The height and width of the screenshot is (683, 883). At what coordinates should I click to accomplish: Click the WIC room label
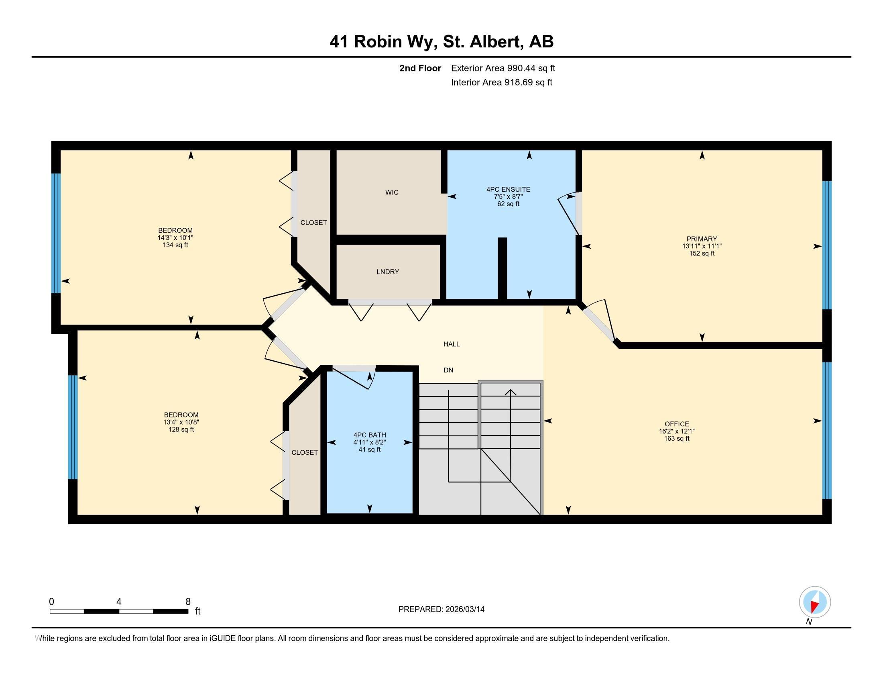[x=391, y=192]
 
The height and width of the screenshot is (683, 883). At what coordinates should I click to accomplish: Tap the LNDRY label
[x=388, y=272]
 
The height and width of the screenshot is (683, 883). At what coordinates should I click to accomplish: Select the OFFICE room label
[x=676, y=424]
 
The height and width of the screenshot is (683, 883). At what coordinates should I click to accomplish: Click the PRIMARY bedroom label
[x=702, y=239]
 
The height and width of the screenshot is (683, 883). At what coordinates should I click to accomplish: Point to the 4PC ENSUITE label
[x=508, y=189]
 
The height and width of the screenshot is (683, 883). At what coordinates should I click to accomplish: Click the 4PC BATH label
[x=370, y=435]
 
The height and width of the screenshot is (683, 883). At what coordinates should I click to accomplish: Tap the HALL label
[x=451, y=344]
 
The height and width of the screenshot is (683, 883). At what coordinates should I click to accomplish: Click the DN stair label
[x=448, y=370]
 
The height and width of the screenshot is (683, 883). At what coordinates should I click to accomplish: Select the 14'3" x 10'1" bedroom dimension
[x=175, y=238]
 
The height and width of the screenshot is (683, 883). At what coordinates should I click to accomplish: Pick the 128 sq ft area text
[x=181, y=429]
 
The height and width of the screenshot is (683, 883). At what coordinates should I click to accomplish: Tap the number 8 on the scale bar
[x=187, y=602]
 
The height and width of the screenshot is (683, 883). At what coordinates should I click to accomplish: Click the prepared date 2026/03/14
[x=464, y=609]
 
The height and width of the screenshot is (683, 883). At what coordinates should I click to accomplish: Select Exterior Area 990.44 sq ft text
[x=503, y=68]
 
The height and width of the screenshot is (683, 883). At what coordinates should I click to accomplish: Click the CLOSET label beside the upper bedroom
[x=313, y=223]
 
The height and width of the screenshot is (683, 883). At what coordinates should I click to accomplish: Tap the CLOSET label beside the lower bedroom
[x=305, y=452]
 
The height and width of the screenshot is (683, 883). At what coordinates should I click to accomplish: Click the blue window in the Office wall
[x=827, y=430]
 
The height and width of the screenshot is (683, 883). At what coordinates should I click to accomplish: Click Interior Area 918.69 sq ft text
[x=501, y=82]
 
